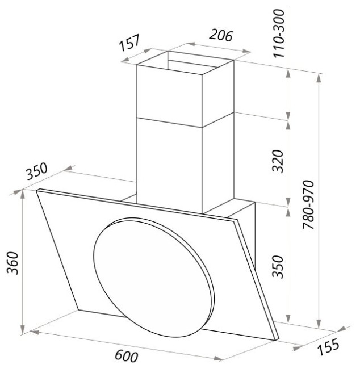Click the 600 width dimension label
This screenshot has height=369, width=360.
click(x=126, y=355)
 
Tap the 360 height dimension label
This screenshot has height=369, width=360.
click(x=12, y=263)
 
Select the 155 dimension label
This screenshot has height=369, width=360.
click(x=328, y=346)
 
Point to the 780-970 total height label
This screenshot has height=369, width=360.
click(x=308, y=205)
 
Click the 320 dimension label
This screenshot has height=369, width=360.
click(x=278, y=161)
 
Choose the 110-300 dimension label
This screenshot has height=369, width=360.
click(x=279, y=33)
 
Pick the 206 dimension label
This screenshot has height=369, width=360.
click(x=221, y=35)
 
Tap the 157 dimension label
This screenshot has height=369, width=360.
click(x=129, y=43)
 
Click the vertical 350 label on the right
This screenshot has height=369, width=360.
click(x=278, y=266)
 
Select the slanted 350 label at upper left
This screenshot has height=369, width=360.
click(x=37, y=171)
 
